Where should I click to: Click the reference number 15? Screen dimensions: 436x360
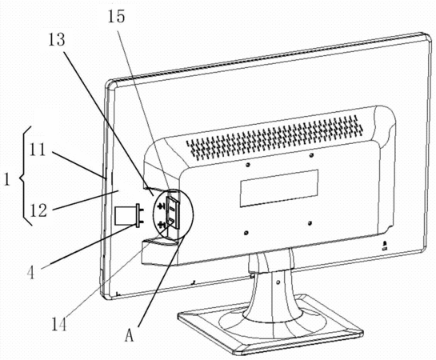pos(116,17)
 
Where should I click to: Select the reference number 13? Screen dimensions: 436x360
pos(57,39)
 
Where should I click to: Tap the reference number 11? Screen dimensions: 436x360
pos(38,150)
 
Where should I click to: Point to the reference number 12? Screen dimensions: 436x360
pos(38,210)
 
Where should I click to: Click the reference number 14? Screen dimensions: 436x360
pos(59,324)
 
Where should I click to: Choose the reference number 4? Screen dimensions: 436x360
pos(31,273)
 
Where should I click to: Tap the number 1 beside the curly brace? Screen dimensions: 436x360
pos(7,179)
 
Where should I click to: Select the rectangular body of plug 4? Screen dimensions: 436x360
pos(125,215)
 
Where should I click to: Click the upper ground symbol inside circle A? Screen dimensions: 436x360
pos(161,206)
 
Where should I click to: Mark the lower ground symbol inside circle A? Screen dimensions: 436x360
pos(161,225)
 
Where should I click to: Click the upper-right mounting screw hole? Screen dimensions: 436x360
pos(311,155)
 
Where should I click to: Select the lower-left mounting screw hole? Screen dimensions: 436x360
pos(246,233)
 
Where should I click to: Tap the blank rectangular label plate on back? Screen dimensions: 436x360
pos(279,188)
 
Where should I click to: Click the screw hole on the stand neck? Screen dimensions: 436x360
pos(278,282)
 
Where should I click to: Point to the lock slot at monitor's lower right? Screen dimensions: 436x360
pos(385,245)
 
